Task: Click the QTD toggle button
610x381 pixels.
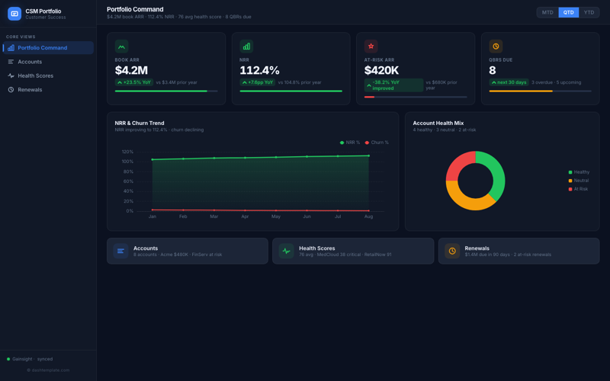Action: coord(569,12)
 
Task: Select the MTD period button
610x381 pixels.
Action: coord(547,12)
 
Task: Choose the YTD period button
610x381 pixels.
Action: coord(589,12)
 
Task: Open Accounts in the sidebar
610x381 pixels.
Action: coord(30,62)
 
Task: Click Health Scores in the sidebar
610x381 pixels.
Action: coord(35,75)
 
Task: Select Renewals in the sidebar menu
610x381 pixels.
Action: coord(30,90)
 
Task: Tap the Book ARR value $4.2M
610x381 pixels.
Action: coord(131,70)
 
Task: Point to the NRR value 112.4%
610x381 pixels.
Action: coord(259,70)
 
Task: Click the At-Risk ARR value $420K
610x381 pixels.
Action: coord(381,70)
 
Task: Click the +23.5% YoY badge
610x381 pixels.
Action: coord(133,82)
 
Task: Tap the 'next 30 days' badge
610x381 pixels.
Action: coord(509,82)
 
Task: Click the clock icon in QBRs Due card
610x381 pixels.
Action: coord(496,46)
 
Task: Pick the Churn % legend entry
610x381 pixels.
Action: coord(377,142)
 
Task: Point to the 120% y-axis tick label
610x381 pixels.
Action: coord(127,152)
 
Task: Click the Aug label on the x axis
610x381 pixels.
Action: coord(369,216)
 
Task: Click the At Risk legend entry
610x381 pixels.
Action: coord(579,189)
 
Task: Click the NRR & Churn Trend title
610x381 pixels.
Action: coord(140,123)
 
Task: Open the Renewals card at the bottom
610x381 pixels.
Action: coord(518,251)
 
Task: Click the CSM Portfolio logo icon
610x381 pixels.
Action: coord(14,14)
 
